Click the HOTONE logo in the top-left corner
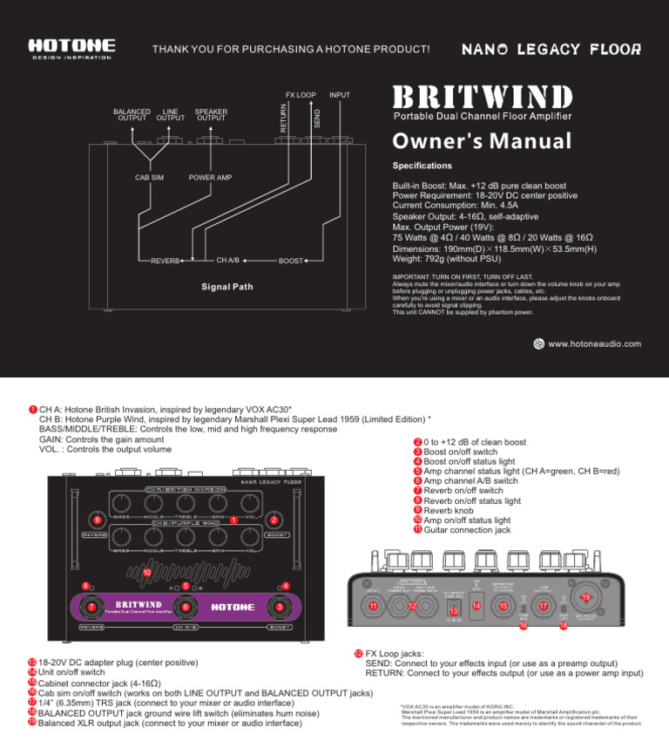(70, 45)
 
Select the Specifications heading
(422, 165)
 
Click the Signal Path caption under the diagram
(228, 286)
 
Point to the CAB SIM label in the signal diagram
(149, 178)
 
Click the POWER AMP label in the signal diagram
(211, 178)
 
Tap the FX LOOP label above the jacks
(301, 94)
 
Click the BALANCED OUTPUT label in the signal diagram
(132, 115)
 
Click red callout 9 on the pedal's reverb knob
(96, 520)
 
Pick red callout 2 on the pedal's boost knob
(274, 520)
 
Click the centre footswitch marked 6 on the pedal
(184, 607)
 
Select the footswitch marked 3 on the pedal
(279, 607)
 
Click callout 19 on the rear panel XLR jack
(586, 597)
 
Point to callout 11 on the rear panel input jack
(373, 606)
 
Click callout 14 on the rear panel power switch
(476, 605)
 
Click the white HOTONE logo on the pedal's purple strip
(233, 606)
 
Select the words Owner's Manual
(482, 140)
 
